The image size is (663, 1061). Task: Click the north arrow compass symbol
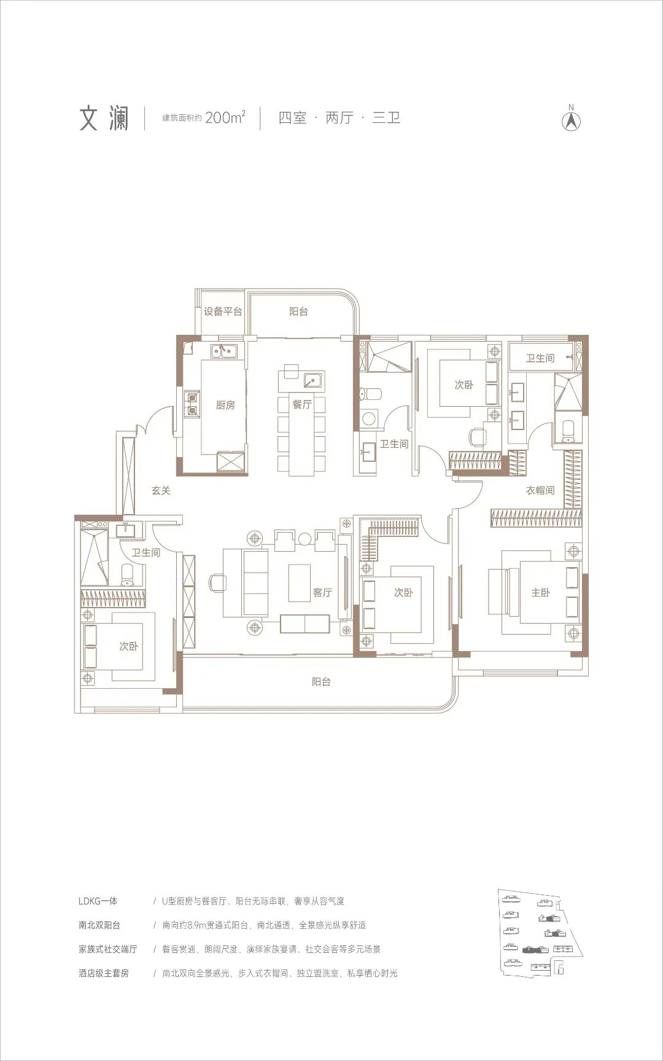click(x=572, y=119)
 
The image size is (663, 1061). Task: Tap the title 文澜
click(x=104, y=118)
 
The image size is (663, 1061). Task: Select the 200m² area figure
click(x=225, y=117)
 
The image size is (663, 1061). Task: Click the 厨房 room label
click(x=225, y=405)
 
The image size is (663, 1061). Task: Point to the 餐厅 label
click(x=301, y=404)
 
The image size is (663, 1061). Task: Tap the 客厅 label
click(x=322, y=592)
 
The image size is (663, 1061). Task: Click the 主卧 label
click(x=540, y=592)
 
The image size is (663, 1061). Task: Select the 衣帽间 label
click(x=540, y=490)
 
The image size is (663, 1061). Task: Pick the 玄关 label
click(x=161, y=490)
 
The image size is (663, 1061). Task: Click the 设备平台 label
click(x=223, y=311)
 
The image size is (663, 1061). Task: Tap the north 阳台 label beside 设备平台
click(x=298, y=311)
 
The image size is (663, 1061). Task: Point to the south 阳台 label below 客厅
click(x=321, y=681)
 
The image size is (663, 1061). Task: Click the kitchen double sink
click(x=224, y=351)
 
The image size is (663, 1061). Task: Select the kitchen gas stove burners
click(x=193, y=402)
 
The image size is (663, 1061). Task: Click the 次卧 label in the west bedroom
click(x=129, y=646)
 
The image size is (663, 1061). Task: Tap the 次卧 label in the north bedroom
click(x=464, y=385)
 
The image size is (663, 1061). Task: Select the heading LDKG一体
click(x=98, y=901)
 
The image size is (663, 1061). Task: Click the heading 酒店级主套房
click(x=104, y=973)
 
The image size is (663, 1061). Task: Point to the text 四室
click(x=292, y=117)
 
